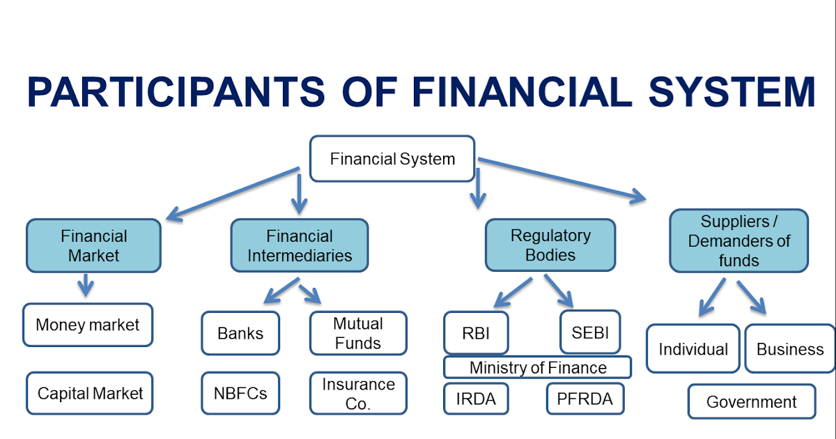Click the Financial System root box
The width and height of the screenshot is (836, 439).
[392, 159]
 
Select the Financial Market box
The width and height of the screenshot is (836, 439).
[93, 246]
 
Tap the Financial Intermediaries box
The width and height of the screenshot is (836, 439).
[300, 246]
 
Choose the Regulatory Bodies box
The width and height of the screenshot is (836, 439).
[550, 245]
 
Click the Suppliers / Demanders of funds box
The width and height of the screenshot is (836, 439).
[738, 241]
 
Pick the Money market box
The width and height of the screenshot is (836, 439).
[88, 325]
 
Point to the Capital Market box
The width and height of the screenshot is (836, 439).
[90, 394]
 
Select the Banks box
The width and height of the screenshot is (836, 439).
[240, 333]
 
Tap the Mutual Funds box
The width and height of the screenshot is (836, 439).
[358, 333]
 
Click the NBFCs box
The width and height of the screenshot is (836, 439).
[240, 393]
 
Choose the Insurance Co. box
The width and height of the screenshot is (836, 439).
[358, 394]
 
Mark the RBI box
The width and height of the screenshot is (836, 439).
[476, 332]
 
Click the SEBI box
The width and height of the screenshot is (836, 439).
[590, 332]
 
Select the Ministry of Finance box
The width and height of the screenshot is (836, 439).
[537, 367]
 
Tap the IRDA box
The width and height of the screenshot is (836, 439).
[476, 399]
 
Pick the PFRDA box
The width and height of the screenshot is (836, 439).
[585, 399]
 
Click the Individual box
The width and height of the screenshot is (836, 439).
[693, 349]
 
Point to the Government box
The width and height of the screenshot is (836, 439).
[751, 402]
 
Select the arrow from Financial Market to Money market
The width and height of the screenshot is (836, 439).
[85, 284]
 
